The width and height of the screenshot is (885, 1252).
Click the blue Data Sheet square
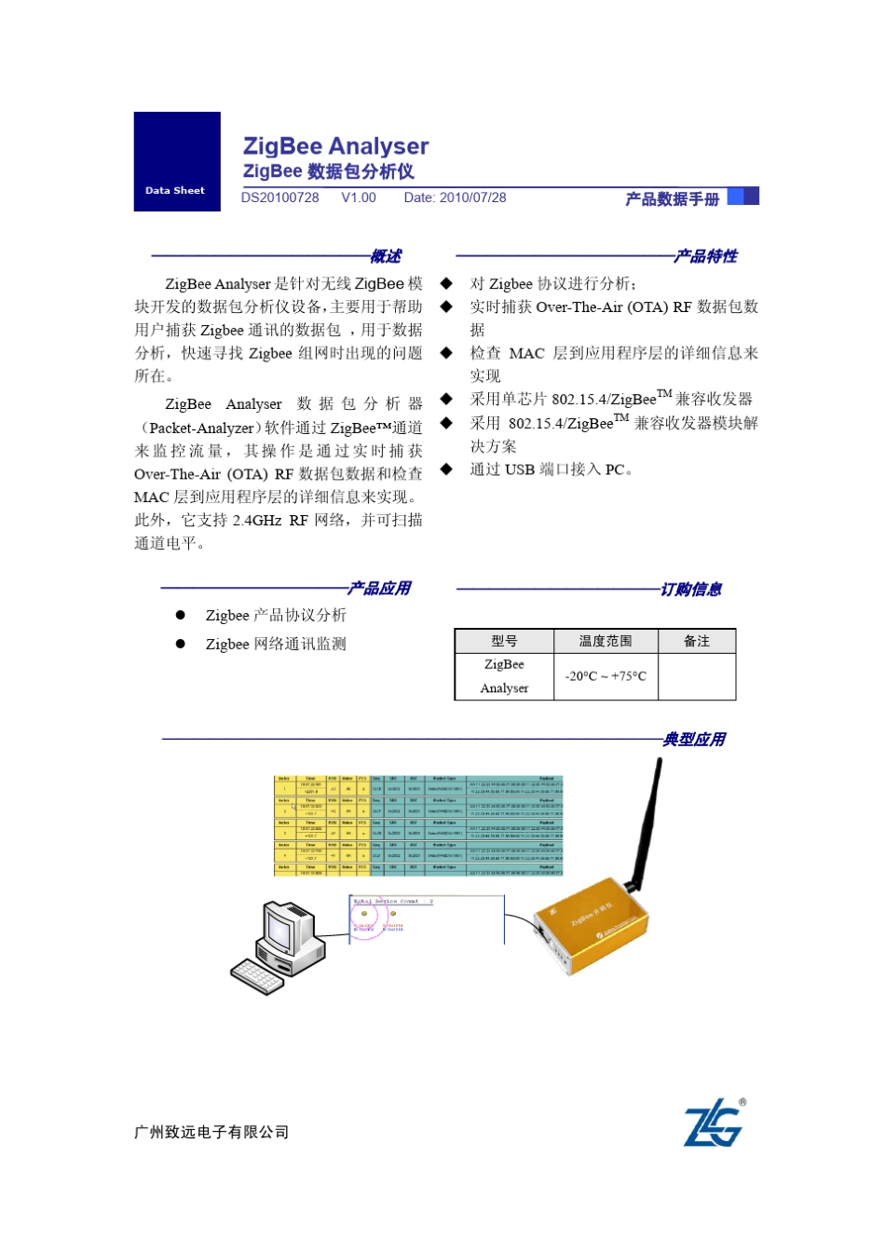click(177, 161)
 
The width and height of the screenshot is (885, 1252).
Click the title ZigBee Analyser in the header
click(335, 146)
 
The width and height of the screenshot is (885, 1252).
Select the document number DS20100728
click(279, 197)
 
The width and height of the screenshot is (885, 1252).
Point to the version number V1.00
click(359, 197)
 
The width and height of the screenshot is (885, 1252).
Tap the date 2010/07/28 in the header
click(472, 197)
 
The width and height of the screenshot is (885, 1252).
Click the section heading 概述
click(386, 256)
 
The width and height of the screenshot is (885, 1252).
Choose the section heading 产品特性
click(706, 256)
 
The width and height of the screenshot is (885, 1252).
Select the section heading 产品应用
click(379, 589)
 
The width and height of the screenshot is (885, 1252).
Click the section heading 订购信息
click(691, 590)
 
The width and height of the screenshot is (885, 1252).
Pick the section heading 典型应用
click(694, 740)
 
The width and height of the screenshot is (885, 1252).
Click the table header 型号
click(504, 641)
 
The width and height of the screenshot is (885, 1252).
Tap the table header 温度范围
click(606, 641)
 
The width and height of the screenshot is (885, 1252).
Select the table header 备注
click(697, 641)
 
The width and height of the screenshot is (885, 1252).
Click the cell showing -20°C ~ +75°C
click(606, 676)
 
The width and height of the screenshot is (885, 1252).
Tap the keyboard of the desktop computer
click(258, 976)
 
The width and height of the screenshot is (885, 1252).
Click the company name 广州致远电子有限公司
click(211, 1133)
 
